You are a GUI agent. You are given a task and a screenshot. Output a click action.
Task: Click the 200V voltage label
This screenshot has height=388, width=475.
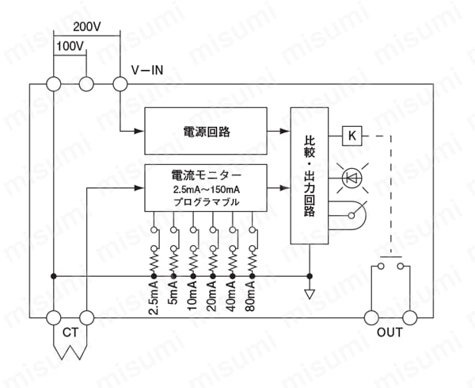pos(87,27)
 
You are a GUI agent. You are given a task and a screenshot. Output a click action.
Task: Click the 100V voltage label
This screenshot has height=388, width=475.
pos(70,46)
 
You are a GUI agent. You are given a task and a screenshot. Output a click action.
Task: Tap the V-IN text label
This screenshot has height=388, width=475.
pos(147,70)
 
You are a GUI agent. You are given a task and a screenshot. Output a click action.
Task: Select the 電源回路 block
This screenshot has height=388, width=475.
pos(206,131)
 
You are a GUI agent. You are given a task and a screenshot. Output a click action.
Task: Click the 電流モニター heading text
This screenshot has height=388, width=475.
pos(207,175)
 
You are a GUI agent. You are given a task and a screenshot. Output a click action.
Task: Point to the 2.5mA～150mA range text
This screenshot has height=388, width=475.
pos(207,190)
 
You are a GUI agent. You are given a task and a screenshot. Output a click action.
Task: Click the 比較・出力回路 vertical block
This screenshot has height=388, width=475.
pos(310,175)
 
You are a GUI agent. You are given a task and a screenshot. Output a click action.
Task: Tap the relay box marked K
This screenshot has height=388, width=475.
pos(352,136)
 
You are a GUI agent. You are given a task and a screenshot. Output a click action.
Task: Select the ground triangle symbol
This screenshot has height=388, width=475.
pos(310,294)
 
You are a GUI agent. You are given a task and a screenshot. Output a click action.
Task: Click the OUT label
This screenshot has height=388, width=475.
pos(389,332)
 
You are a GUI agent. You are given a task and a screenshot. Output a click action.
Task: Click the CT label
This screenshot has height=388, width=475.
pos(70,332)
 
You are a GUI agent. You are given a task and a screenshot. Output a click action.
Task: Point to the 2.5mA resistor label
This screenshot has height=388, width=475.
pos(154,298)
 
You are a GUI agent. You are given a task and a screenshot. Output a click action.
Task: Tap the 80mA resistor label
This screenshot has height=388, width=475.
pos(252,296)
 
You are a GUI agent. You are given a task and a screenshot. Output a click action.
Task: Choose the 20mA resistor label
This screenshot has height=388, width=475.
pos(213,296)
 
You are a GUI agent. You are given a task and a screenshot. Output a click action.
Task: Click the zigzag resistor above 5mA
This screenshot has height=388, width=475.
pos(173,263)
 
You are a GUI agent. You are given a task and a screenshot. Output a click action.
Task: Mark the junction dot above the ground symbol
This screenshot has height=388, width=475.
pos(310,276)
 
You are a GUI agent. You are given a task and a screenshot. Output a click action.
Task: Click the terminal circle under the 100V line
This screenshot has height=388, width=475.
pos(86,84)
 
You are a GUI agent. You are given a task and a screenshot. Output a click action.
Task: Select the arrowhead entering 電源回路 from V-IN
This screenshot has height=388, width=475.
pos(139,131)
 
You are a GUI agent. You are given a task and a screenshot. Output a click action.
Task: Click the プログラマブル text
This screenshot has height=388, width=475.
pos(207,202)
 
